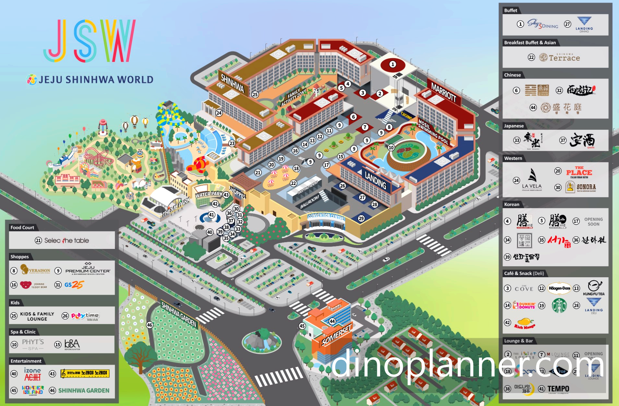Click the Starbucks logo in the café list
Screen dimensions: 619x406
[559, 305]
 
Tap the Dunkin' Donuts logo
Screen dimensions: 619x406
[524, 305]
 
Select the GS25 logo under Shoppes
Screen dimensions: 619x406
[74, 285]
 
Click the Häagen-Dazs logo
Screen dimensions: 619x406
[559, 288]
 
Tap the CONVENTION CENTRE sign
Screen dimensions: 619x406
[326, 216]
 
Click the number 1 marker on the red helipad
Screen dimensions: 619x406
[393, 64]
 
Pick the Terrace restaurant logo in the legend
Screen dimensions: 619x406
[560, 58]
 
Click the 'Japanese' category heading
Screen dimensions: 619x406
[514, 126]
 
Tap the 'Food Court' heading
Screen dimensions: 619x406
[22, 228]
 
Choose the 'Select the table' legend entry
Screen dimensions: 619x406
[66, 240]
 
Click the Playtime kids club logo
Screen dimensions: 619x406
[85, 315]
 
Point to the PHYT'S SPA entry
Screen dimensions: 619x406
[33, 344]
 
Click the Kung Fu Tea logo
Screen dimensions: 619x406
[594, 288]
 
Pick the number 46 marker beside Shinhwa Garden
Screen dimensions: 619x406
[149, 325]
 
